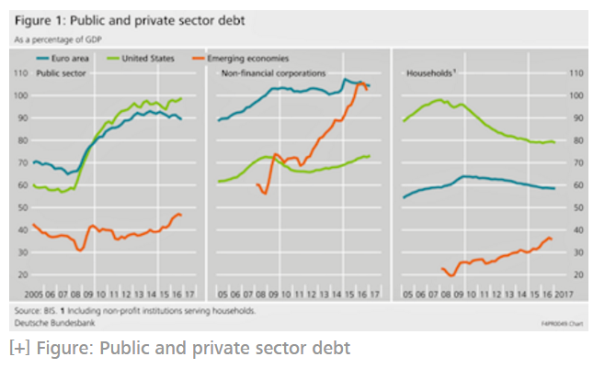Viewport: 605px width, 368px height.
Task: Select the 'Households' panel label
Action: [x=429, y=72]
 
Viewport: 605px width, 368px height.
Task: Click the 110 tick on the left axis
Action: [x=21, y=72]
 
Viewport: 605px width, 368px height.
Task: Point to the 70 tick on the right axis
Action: [x=576, y=162]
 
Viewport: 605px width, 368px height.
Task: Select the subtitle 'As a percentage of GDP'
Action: [x=54, y=39]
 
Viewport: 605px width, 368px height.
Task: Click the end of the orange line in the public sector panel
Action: [x=181, y=215]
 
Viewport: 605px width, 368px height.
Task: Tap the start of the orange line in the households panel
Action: [x=442, y=268]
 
